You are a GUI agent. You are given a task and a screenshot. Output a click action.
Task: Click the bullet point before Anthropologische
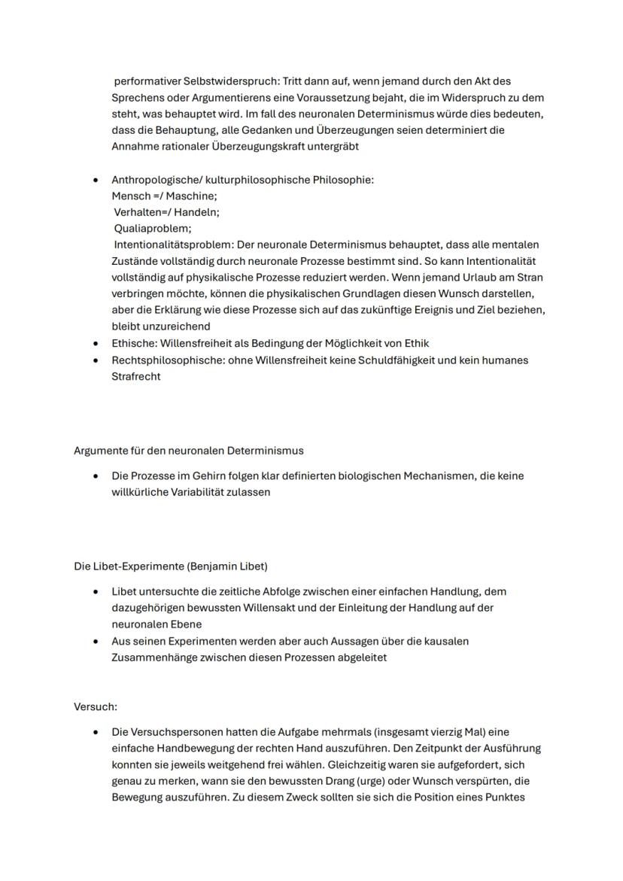[x=95, y=181]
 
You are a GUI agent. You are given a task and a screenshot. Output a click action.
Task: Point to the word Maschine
[x=191, y=196]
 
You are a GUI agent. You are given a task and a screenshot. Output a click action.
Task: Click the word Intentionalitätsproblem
[x=173, y=245]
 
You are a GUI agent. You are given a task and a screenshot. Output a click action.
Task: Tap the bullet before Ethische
[x=95, y=343]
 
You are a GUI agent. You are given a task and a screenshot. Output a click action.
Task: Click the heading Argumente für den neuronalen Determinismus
[x=189, y=451]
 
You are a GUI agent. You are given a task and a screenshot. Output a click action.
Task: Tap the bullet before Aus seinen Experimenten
[x=95, y=641]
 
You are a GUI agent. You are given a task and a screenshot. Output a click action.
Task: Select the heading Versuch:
[x=96, y=707]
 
